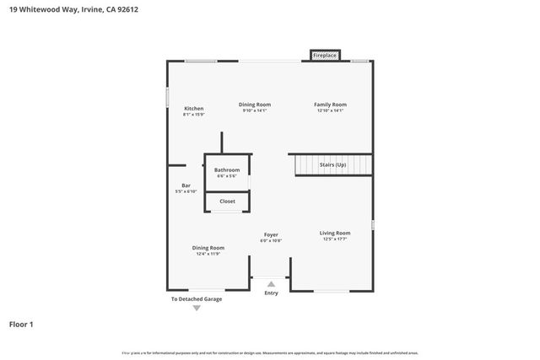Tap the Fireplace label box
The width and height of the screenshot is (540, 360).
pyautogui.click(x=325, y=56)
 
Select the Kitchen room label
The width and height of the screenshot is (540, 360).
pyautogui.click(x=194, y=108)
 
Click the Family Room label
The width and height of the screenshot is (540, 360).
pyautogui.click(x=332, y=105)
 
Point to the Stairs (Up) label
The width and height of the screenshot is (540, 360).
pyautogui.click(x=333, y=164)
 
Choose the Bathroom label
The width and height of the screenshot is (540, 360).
pyautogui.click(x=227, y=169)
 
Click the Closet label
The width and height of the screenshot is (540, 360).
pyautogui.click(x=227, y=201)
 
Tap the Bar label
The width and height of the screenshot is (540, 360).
pyautogui.click(x=186, y=185)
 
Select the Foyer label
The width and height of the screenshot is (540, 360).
pyautogui.click(x=270, y=234)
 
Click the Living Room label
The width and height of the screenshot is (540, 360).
pyautogui.click(x=334, y=233)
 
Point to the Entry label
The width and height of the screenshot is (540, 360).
pyautogui.click(x=271, y=293)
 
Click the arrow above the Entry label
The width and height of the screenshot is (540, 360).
pyautogui.click(x=271, y=284)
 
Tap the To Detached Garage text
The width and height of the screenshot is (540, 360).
pyautogui.click(x=197, y=298)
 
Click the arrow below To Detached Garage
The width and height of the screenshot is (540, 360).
pyautogui.click(x=197, y=308)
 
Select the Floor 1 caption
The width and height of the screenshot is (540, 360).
pyautogui.click(x=22, y=323)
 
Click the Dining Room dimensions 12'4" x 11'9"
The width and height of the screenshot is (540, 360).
pyautogui.click(x=208, y=254)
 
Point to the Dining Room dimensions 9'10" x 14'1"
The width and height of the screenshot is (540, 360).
pyautogui.click(x=254, y=110)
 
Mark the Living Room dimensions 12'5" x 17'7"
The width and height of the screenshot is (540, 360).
pyautogui.click(x=334, y=239)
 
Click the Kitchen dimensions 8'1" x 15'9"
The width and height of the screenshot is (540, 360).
pyautogui.click(x=194, y=115)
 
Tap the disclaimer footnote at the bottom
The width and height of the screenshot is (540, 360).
pyautogui.click(x=270, y=352)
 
